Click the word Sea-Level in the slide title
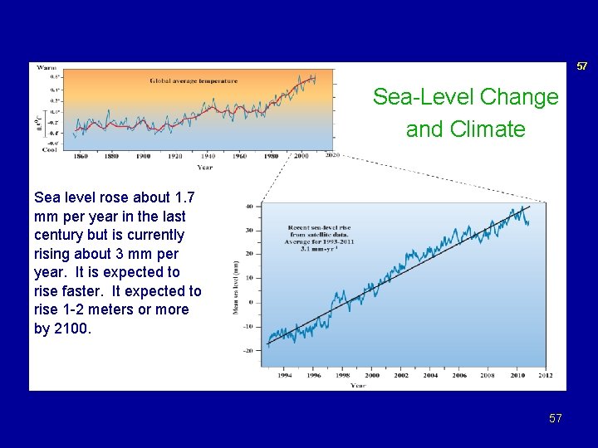pyautogui.click(x=416, y=97)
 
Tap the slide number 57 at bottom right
pyautogui.click(x=555, y=418)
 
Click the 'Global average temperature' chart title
pyautogui.click(x=194, y=81)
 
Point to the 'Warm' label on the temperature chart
pyautogui.click(x=46, y=67)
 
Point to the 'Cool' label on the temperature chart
pyautogui.click(x=49, y=149)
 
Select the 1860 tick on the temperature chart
pyautogui.click(x=81, y=156)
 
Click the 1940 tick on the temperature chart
pyautogui.click(x=207, y=156)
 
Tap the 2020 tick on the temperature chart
pyautogui.click(x=332, y=156)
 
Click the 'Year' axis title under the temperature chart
pyautogui.click(x=204, y=167)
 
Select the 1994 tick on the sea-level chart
pyautogui.click(x=285, y=375)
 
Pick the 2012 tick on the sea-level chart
pyautogui.click(x=545, y=375)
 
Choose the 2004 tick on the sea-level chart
pyautogui.click(x=429, y=375)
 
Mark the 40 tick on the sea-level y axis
pyautogui.click(x=249, y=206)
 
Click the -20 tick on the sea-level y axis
pyautogui.click(x=248, y=350)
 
